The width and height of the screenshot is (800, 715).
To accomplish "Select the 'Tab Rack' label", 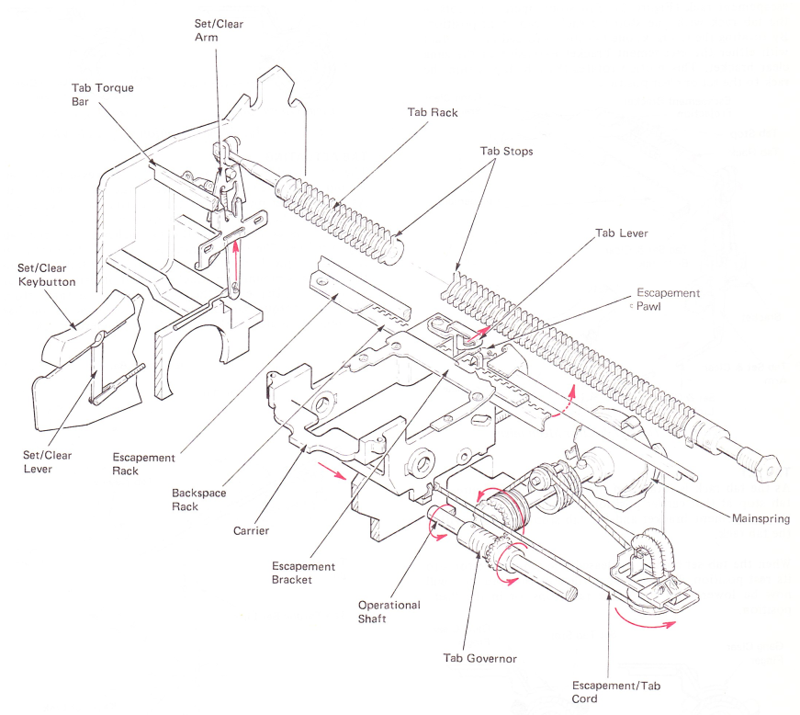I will [432, 112].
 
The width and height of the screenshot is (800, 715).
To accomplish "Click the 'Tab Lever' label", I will [622, 233].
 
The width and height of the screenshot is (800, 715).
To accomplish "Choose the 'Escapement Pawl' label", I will [669, 300].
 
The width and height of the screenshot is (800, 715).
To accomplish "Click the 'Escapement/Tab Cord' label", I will [615, 693].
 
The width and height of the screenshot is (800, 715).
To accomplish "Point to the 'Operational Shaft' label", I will [389, 611].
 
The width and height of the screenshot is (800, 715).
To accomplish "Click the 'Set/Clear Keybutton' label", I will [49, 275].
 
